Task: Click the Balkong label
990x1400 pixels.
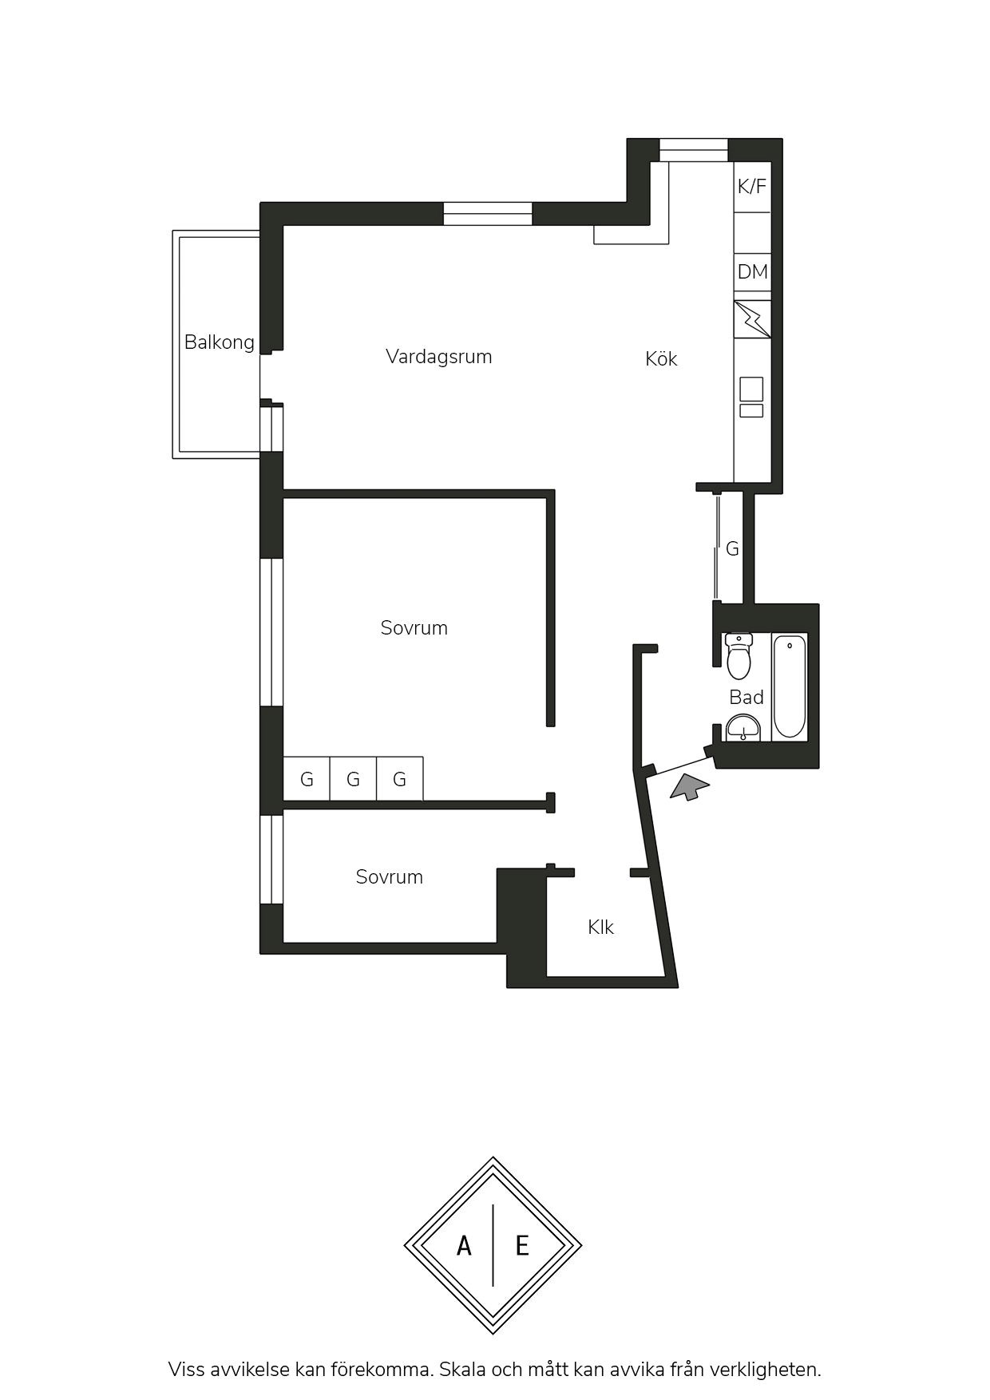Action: click(219, 342)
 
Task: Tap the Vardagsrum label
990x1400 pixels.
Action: click(438, 357)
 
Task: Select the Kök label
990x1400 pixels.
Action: click(661, 359)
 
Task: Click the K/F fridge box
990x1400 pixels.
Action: click(752, 187)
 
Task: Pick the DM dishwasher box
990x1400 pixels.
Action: click(752, 272)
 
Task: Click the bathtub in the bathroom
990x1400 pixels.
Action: click(790, 686)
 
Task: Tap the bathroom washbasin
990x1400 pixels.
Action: click(744, 728)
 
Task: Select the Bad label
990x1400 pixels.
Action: click(746, 698)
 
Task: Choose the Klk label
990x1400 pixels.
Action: click(600, 927)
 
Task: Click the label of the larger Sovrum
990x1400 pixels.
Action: click(414, 628)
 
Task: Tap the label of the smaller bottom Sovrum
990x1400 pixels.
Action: click(389, 877)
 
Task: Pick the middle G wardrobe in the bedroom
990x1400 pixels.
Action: click(353, 778)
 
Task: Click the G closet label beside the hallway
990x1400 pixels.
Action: click(732, 549)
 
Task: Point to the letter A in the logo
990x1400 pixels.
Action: click(464, 1245)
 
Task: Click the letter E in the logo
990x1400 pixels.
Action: click(522, 1245)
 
